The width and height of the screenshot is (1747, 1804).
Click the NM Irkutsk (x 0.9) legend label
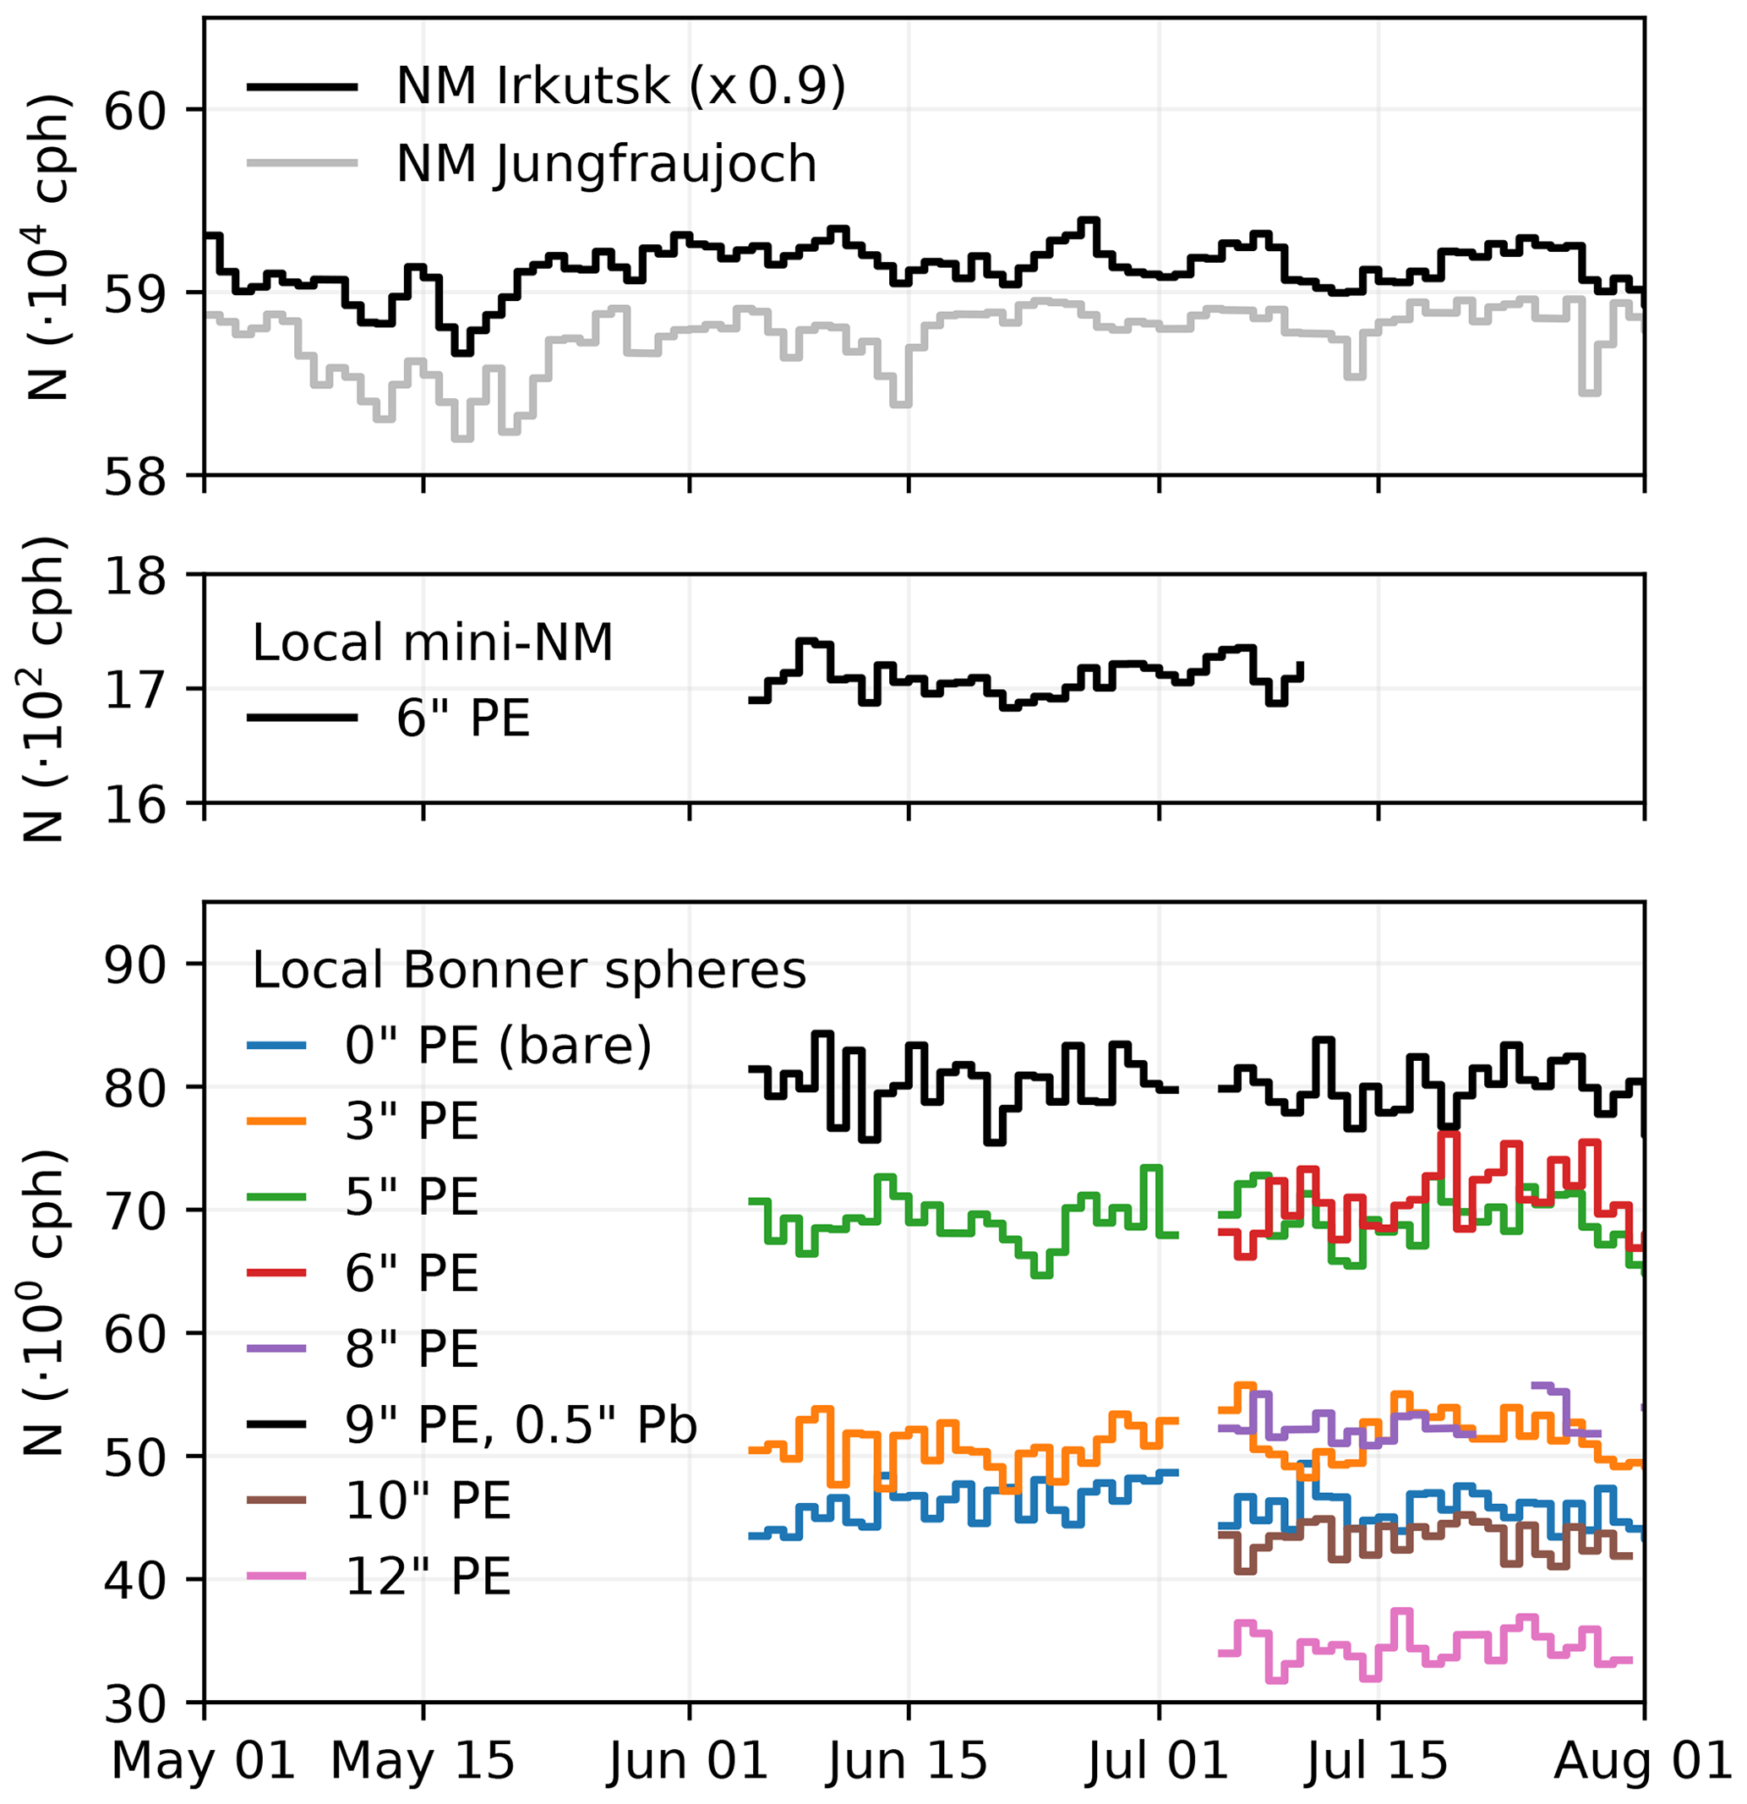620,86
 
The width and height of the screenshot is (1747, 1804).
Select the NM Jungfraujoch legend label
606,165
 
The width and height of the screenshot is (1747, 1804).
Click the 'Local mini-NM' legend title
432,642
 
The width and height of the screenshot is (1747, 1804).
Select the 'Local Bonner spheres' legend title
528,970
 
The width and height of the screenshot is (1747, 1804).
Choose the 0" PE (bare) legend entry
497,1046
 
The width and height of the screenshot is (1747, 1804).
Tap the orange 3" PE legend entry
412,1122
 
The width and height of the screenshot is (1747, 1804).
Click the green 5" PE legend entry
412,1197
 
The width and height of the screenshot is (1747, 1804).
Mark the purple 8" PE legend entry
412,1349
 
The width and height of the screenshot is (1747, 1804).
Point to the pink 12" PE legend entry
427,1577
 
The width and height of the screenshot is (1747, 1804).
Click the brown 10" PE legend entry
427,1501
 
